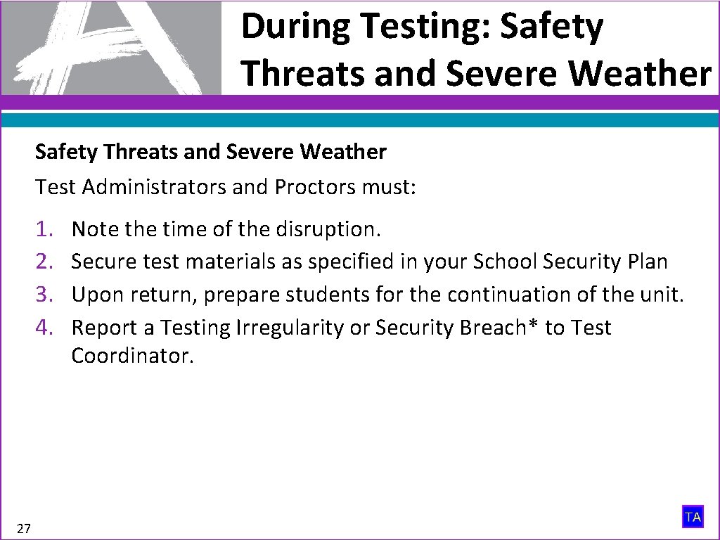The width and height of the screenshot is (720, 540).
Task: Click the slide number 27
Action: [23, 529]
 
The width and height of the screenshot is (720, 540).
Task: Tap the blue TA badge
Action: [693, 517]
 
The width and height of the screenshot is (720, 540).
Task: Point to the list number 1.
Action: [46, 229]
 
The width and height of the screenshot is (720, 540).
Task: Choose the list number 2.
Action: [46, 262]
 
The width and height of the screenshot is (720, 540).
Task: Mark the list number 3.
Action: [46, 295]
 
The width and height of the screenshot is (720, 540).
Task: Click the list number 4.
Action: [46, 328]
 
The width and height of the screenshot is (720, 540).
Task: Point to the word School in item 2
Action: [503, 262]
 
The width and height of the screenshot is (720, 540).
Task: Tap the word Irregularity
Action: [271, 328]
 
